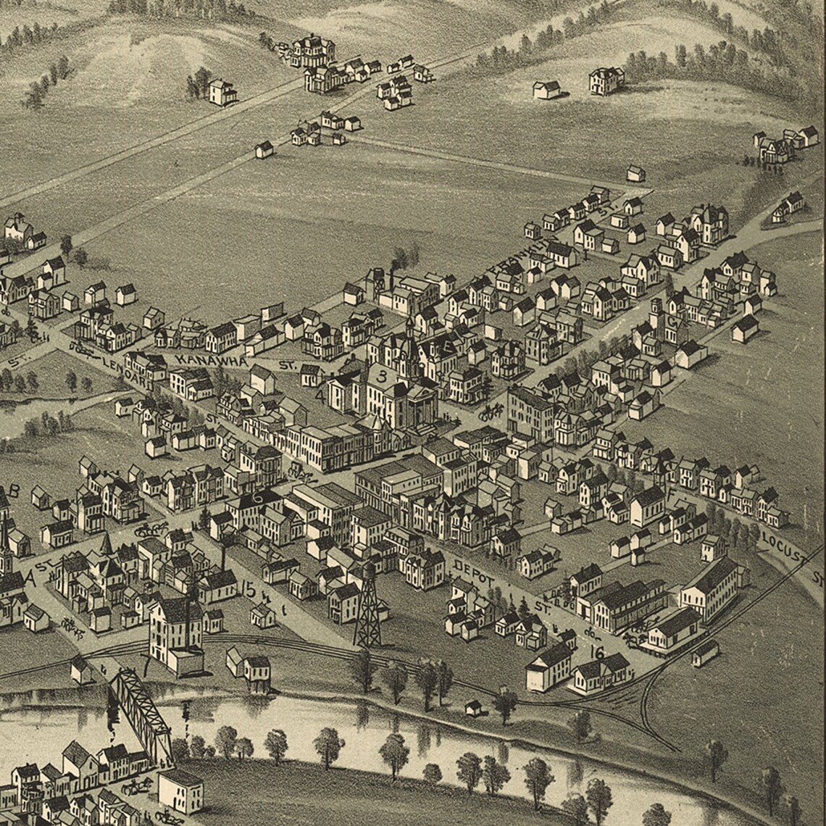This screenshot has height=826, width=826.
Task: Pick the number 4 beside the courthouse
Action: point(320,396)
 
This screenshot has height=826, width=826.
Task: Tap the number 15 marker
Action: point(249,591)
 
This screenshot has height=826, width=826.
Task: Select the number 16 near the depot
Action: point(597,652)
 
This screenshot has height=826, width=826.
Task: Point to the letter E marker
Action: point(449,349)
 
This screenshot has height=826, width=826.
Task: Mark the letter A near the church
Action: point(30,577)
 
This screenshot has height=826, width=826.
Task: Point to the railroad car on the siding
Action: point(705,652)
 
